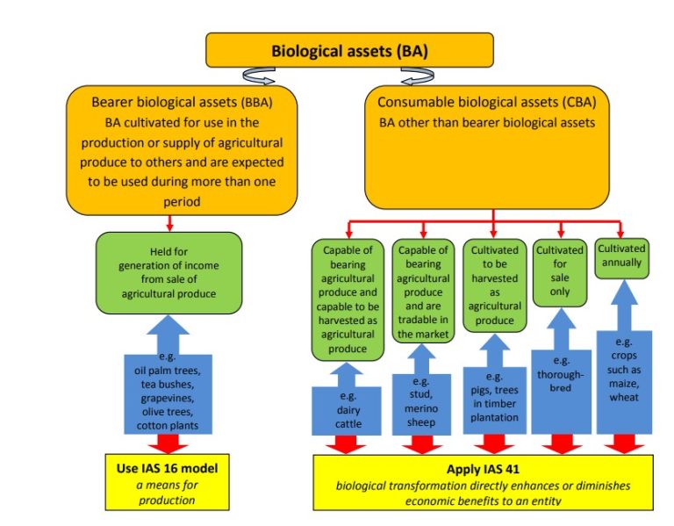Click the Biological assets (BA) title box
pyautogui.click(x=349, y=50)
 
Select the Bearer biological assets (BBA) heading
pyautogui.click(x=182, y=102)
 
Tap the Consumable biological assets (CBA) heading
pyautogui.click(x=492, y=102)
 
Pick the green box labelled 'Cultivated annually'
pyautogui.click(x=621, y=256)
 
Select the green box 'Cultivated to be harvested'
pyautogui.click(x=494, y=285)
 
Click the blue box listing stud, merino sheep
pyautogui.click(x=422, y=405)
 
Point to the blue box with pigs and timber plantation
pyautogui.click(x=494, y=400)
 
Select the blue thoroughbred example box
pyautogui.click(x=560, y=378)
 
